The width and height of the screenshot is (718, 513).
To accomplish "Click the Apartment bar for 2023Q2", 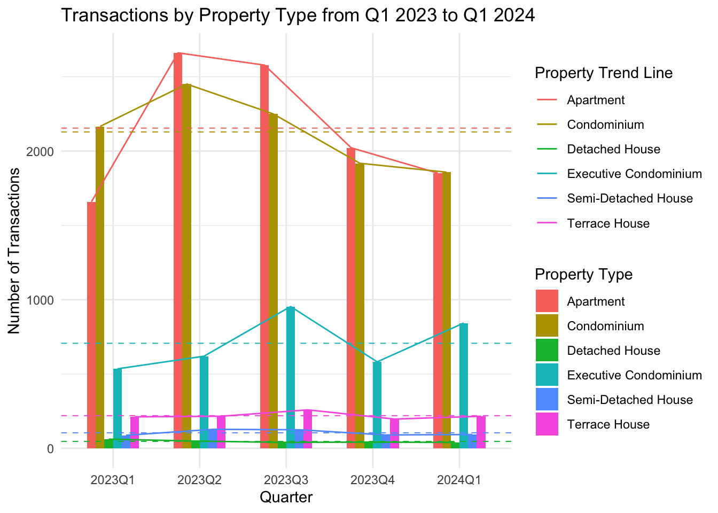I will [178, 251].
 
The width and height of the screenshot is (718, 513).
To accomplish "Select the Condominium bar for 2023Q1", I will [100, 288].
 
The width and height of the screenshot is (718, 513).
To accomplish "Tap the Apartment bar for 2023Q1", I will [91, 325].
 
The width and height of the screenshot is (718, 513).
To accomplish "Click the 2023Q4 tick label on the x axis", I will [372, 480].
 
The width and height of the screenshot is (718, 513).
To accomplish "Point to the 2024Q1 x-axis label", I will [459, 480].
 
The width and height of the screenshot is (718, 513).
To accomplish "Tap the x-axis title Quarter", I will [286, 498].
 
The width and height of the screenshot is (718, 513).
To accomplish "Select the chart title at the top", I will [298, 15].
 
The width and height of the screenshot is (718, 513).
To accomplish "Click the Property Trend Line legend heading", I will [604, 73].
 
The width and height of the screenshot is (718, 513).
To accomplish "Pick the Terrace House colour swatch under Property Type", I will [547, 424].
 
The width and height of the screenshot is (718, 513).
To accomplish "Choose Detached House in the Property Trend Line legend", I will [614, 149].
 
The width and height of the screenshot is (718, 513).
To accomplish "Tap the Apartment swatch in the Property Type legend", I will [547, 301].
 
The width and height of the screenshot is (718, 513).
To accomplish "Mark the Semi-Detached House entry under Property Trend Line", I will [630, 198].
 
